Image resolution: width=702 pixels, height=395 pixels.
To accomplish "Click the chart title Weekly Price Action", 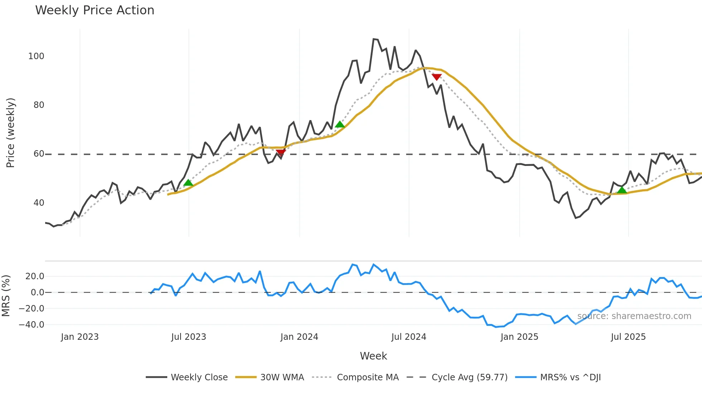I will (x=95, y=10).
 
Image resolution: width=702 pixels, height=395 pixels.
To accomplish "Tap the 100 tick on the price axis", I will (x=36, y=56).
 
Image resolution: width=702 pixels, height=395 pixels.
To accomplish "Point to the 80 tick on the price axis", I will (x=39, y=105).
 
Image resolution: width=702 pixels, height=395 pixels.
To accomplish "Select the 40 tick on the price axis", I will (x=39, y=203).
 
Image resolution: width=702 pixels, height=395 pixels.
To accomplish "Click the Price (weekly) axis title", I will (x=10, y=133).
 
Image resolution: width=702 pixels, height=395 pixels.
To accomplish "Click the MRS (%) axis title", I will (x=6, y=296).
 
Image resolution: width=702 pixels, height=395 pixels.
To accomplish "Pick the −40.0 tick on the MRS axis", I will (x=32, y=325).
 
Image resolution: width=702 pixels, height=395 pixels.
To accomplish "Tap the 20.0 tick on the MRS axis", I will (x=35, y=276).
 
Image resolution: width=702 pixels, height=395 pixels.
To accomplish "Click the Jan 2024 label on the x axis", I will (x=299, y=337).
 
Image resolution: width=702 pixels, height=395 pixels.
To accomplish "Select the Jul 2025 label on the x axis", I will (x=628, y=337).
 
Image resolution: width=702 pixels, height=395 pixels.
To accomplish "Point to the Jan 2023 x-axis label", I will (x=80, y=337).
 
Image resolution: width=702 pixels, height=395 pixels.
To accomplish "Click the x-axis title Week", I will (x=373, y=356).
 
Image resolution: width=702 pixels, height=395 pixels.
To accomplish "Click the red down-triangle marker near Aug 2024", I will (x=437, y=77).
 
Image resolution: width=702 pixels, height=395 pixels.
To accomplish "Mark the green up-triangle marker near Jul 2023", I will (x=188, y=183).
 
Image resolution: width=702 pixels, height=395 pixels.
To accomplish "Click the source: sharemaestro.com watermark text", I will (x=634, y=316).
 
